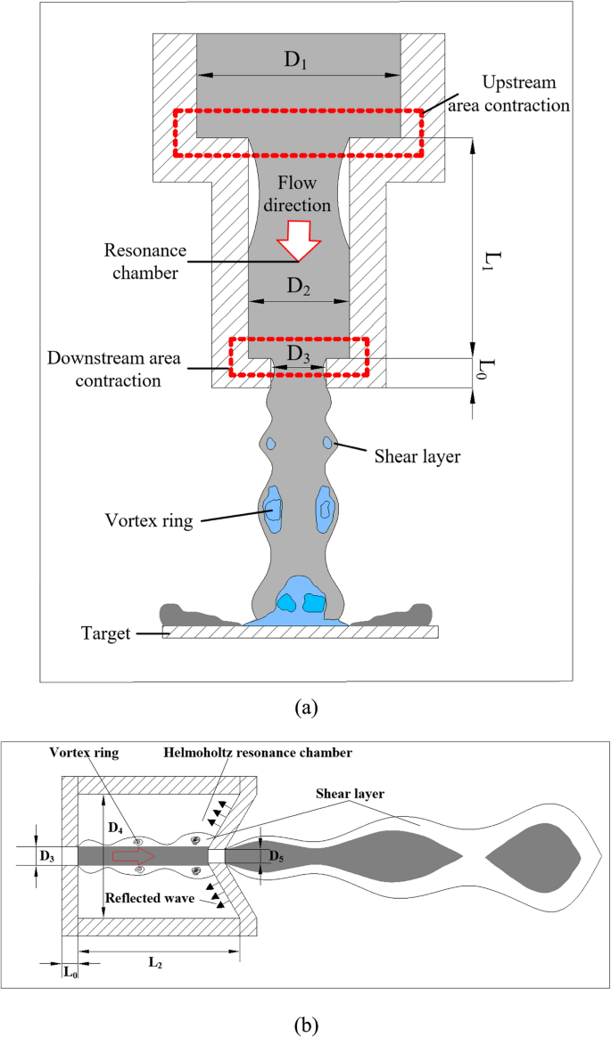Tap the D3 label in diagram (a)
click(x=298, y=353)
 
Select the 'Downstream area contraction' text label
click(x=105, y=370)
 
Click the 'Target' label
click(x=103, y=633)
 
